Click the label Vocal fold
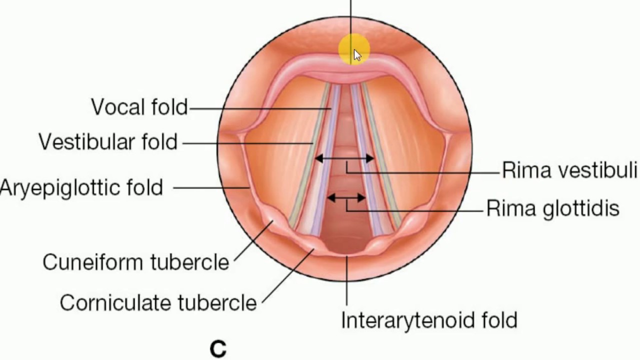(139, 107)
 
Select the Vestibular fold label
(108, 142)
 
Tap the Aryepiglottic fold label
(81, 188)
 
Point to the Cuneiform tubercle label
(135, 262)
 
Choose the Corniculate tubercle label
(158, 302)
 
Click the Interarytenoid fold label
(429, 320)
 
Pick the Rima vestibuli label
(569, 170)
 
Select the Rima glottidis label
(552, 208)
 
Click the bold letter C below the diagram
(218, 349)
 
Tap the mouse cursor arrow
(357, 55)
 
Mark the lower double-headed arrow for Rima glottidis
(346, 198)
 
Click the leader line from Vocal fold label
(260, 107)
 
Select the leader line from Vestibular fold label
(247, 143)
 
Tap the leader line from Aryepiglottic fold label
(211, 188)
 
